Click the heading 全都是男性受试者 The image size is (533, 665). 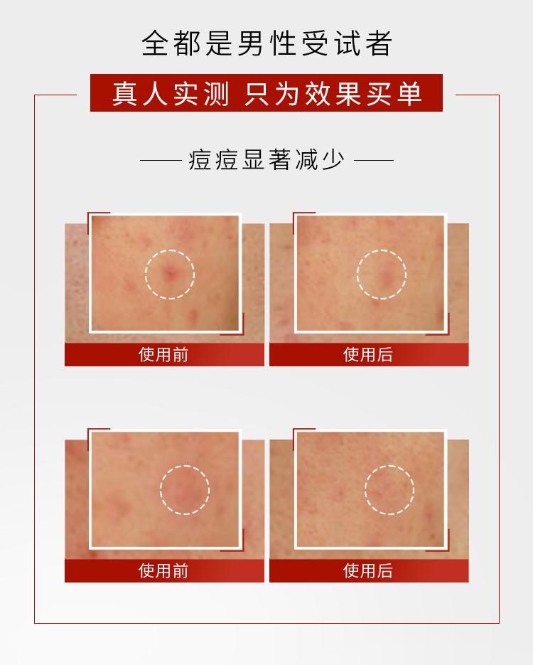(x=266, y=43)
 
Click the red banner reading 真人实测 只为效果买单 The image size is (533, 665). (x=266, y=93)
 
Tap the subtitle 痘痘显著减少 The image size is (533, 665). (x=266, y=160)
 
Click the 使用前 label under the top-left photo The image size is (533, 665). (x=163, y=355)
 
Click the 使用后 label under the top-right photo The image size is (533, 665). (x=368, y=355)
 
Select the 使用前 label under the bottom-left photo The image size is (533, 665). (x=163, y=571)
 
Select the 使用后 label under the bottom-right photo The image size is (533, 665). (x=368, y=571)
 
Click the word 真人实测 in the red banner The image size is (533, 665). (x=171, y=93)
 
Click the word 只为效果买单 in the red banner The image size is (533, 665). (x=333, y=93)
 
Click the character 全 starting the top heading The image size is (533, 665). (x=155, y=43)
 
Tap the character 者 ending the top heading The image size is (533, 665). (x=378, y=43)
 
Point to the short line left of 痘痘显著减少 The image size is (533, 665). (x=161, y=160)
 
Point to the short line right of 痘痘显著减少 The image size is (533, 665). (x=373, y=160)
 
